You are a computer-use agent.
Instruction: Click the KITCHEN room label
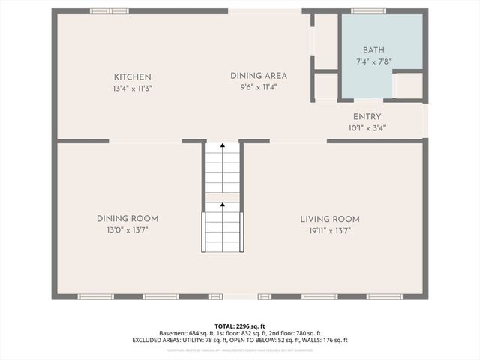click(133, 76)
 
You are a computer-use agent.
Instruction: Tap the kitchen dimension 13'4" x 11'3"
click(133, 88)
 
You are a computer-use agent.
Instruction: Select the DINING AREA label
click(258, 76)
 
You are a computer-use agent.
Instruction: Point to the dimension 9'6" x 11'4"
click(258, 87)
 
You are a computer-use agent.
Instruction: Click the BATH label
click(373, 49)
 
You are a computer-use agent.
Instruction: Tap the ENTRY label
click(367, 117)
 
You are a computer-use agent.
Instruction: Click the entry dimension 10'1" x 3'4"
click(367, 128)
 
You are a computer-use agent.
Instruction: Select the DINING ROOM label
click(127, 219)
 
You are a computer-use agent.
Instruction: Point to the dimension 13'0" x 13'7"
click(127, 230)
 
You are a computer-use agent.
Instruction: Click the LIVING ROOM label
click(330, 219)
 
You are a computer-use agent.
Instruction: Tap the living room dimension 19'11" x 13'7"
click(330, 230)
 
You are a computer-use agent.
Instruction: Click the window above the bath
click(369, 11)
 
